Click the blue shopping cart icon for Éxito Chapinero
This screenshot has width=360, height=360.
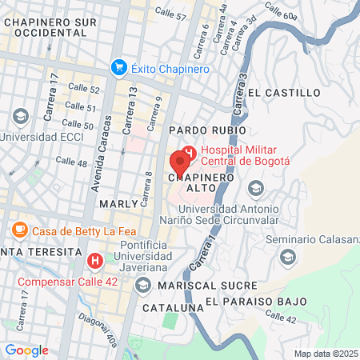coord(119,69)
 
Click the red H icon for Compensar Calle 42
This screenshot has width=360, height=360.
coord(95,260)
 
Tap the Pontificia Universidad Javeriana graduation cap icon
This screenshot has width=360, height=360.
coord(142,285)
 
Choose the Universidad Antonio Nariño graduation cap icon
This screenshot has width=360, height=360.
coord(256,189)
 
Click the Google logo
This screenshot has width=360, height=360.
coord(26,350)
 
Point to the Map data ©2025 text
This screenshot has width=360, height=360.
coord(325,354)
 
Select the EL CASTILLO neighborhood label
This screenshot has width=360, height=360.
coord(284,93)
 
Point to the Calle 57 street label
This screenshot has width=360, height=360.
coord(170,14)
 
